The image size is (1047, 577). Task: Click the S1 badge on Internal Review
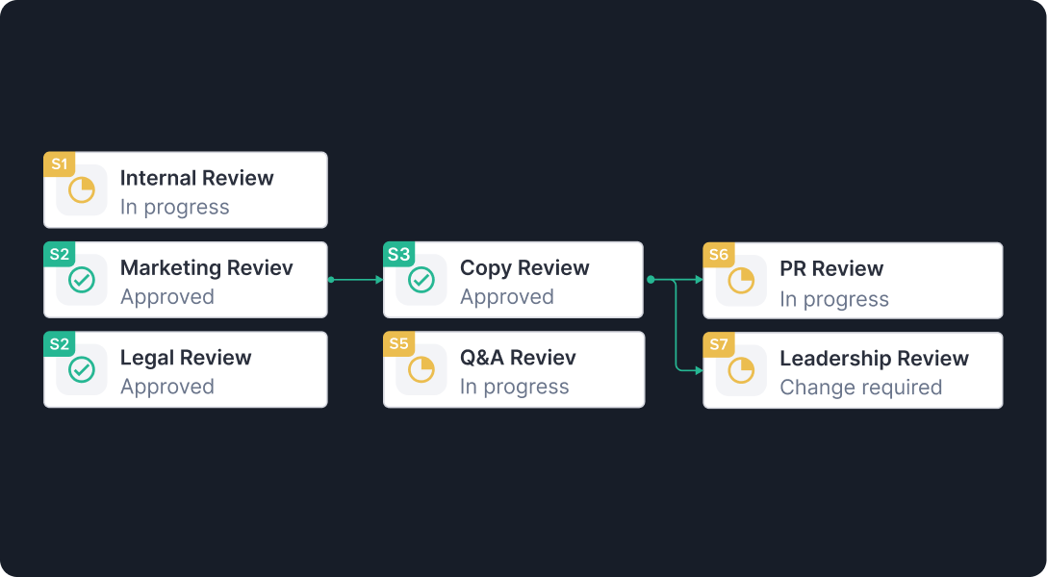click(60, 164)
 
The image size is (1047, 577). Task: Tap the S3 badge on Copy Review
click(398, 255)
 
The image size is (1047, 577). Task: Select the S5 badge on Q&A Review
click(398, 344)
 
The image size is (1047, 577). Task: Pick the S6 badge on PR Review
click(719, 255)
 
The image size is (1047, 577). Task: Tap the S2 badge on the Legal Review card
click(60, 344)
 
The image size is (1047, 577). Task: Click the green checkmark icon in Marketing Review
click(82, 280)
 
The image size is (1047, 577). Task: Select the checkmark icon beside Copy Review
click(421, 280)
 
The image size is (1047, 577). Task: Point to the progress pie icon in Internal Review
click(82, 190)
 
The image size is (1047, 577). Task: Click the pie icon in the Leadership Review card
click(741, 370)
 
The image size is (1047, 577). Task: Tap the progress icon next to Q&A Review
click(421, 369)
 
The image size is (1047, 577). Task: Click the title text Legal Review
click(186, 358)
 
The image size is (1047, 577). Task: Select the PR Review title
click(831, 268)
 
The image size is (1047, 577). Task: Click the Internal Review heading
click(196, 178)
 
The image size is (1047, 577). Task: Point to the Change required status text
click(860, 388)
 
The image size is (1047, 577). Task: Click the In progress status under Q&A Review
click(514, 387)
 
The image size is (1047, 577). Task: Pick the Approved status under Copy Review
click(506, 297)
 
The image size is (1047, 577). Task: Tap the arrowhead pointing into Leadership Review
click(699, 369)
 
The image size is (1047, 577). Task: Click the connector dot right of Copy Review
click(651, 280)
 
